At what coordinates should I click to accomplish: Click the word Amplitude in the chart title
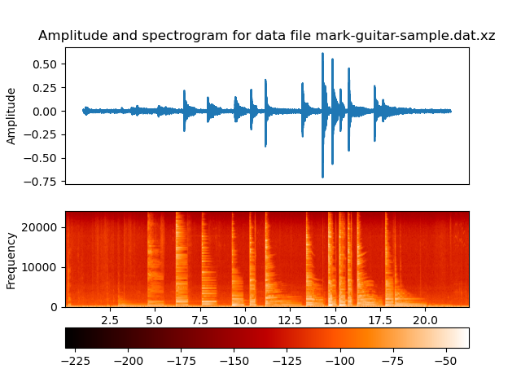point(70,36)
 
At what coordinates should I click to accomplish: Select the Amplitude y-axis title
point(11,115)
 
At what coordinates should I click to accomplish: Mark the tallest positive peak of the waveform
point(322,54)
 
